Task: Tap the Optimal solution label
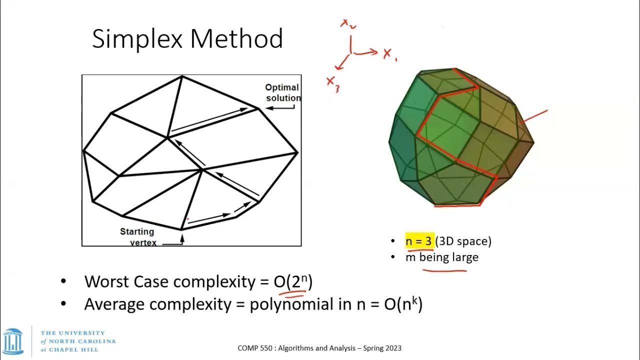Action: click(282, 92)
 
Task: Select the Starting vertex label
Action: click(137, 237)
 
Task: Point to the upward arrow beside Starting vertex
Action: click(182, 239)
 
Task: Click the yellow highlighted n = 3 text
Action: click(418, 241)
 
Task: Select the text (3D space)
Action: click(463, 241)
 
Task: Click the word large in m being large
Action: click(465, 257)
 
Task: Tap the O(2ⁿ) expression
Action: click(293, 281)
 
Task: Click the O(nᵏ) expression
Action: click(403, 303)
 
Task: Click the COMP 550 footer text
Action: click(319, 348)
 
